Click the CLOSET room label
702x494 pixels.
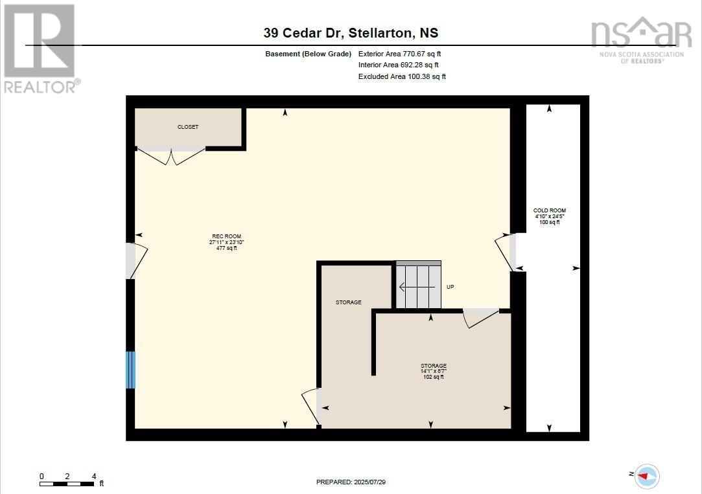tap(188, 127)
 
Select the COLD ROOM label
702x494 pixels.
tap(550, 211)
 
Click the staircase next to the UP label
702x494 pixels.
tap(418, 286)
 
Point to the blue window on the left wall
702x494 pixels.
tap(130, 370)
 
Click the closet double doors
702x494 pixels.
tap(171, 156)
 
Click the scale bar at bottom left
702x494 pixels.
tap(67, 482)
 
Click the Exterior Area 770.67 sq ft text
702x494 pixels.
tap(399, 54)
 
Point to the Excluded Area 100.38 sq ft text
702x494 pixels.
tap(402, 76)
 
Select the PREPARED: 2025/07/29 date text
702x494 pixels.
tap(355, 482)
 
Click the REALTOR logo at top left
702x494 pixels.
tap(40, 49)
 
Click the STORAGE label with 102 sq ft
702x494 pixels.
tap(434, 366)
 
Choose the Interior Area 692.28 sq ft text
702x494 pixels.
tap(398, 65)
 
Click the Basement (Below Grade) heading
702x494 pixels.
tap(309, 54)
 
